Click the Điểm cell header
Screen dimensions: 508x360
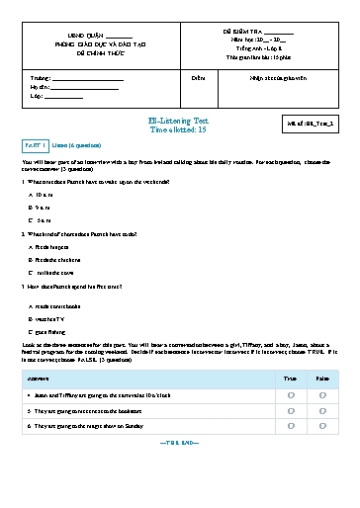tap(199, 75)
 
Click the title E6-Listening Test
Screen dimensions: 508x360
tap(179, 120)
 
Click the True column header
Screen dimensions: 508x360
tap(290, 378)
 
